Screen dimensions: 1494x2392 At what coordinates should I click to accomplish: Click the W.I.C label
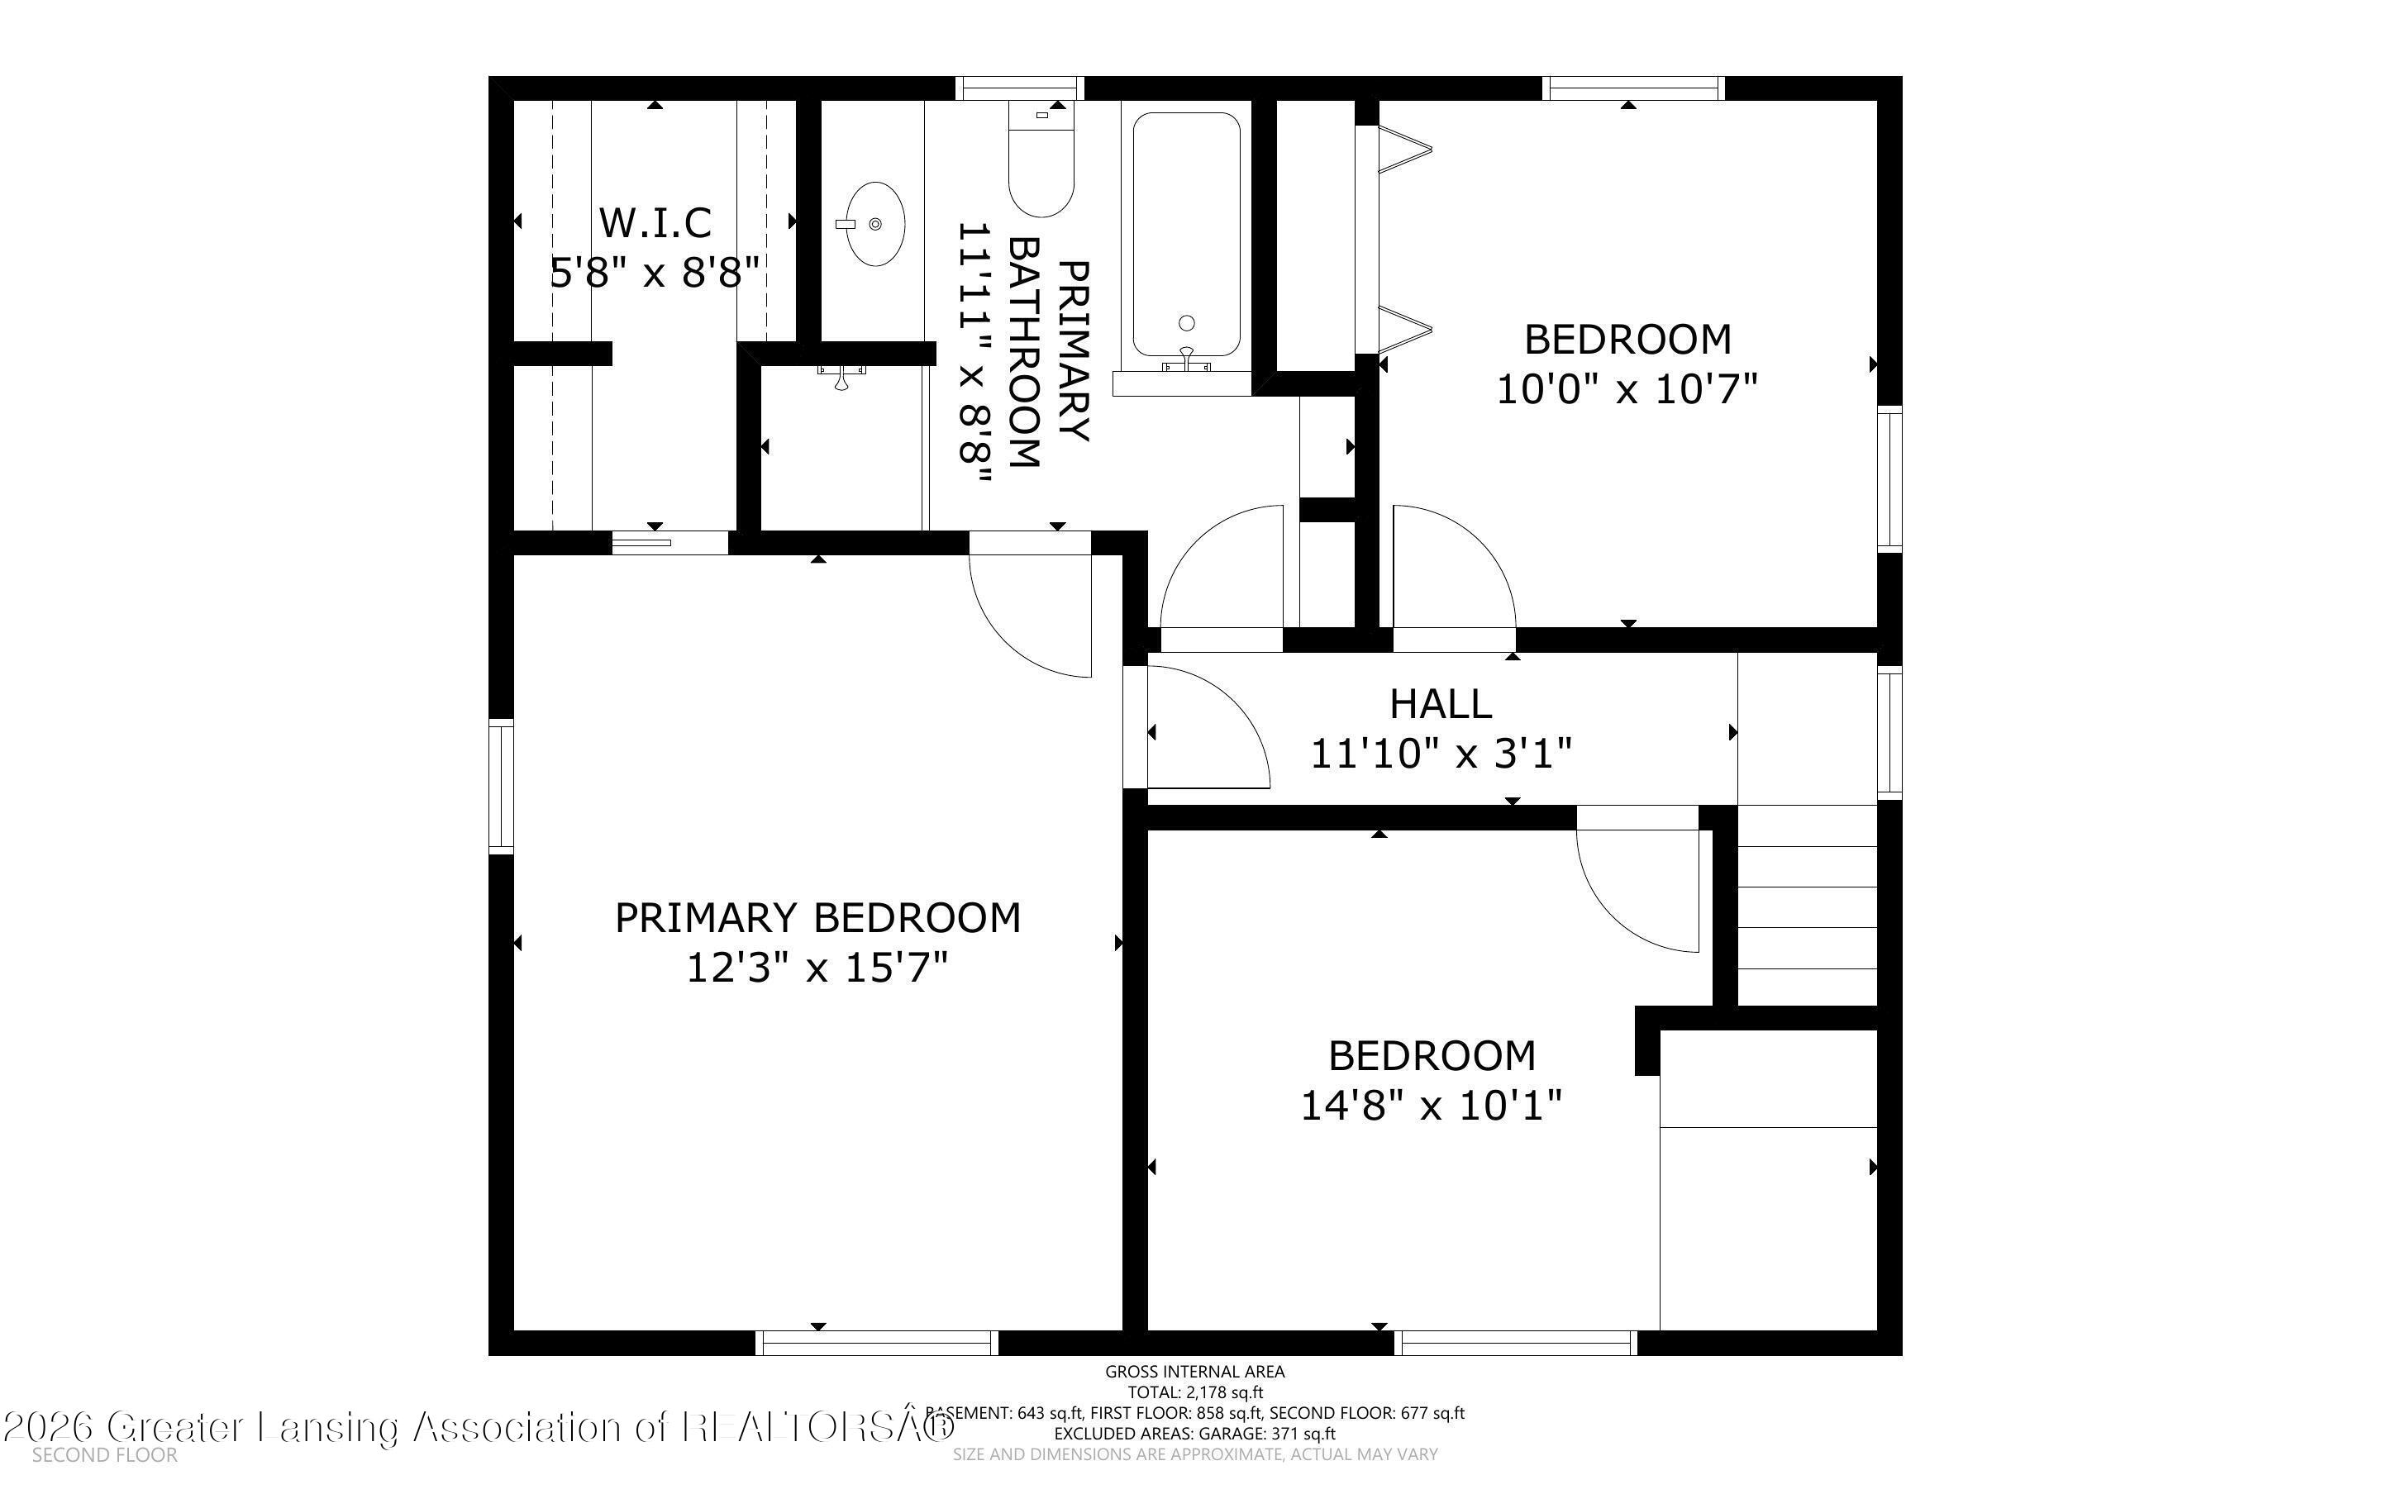click(655, 223)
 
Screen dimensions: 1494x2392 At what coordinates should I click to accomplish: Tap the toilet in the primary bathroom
click(1041, 168)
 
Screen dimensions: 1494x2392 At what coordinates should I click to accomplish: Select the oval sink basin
click(875, 224)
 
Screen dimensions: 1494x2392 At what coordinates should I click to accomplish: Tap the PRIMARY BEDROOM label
click(817, 918)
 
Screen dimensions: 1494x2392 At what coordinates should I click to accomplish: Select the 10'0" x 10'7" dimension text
click(1627, 389)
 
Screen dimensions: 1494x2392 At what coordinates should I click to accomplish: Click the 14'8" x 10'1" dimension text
click(1431, 1106)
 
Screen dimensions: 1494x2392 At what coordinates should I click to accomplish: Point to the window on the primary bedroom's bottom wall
click(876, 1342)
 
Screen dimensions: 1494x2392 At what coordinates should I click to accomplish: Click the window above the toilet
click(1021, 88)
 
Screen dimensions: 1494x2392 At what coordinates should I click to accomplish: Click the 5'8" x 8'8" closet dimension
click(655, 273)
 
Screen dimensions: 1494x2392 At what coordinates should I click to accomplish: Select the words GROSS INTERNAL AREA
click(1194, 1372)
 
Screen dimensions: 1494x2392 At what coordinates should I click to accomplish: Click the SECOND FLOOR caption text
click(105, 1455)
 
